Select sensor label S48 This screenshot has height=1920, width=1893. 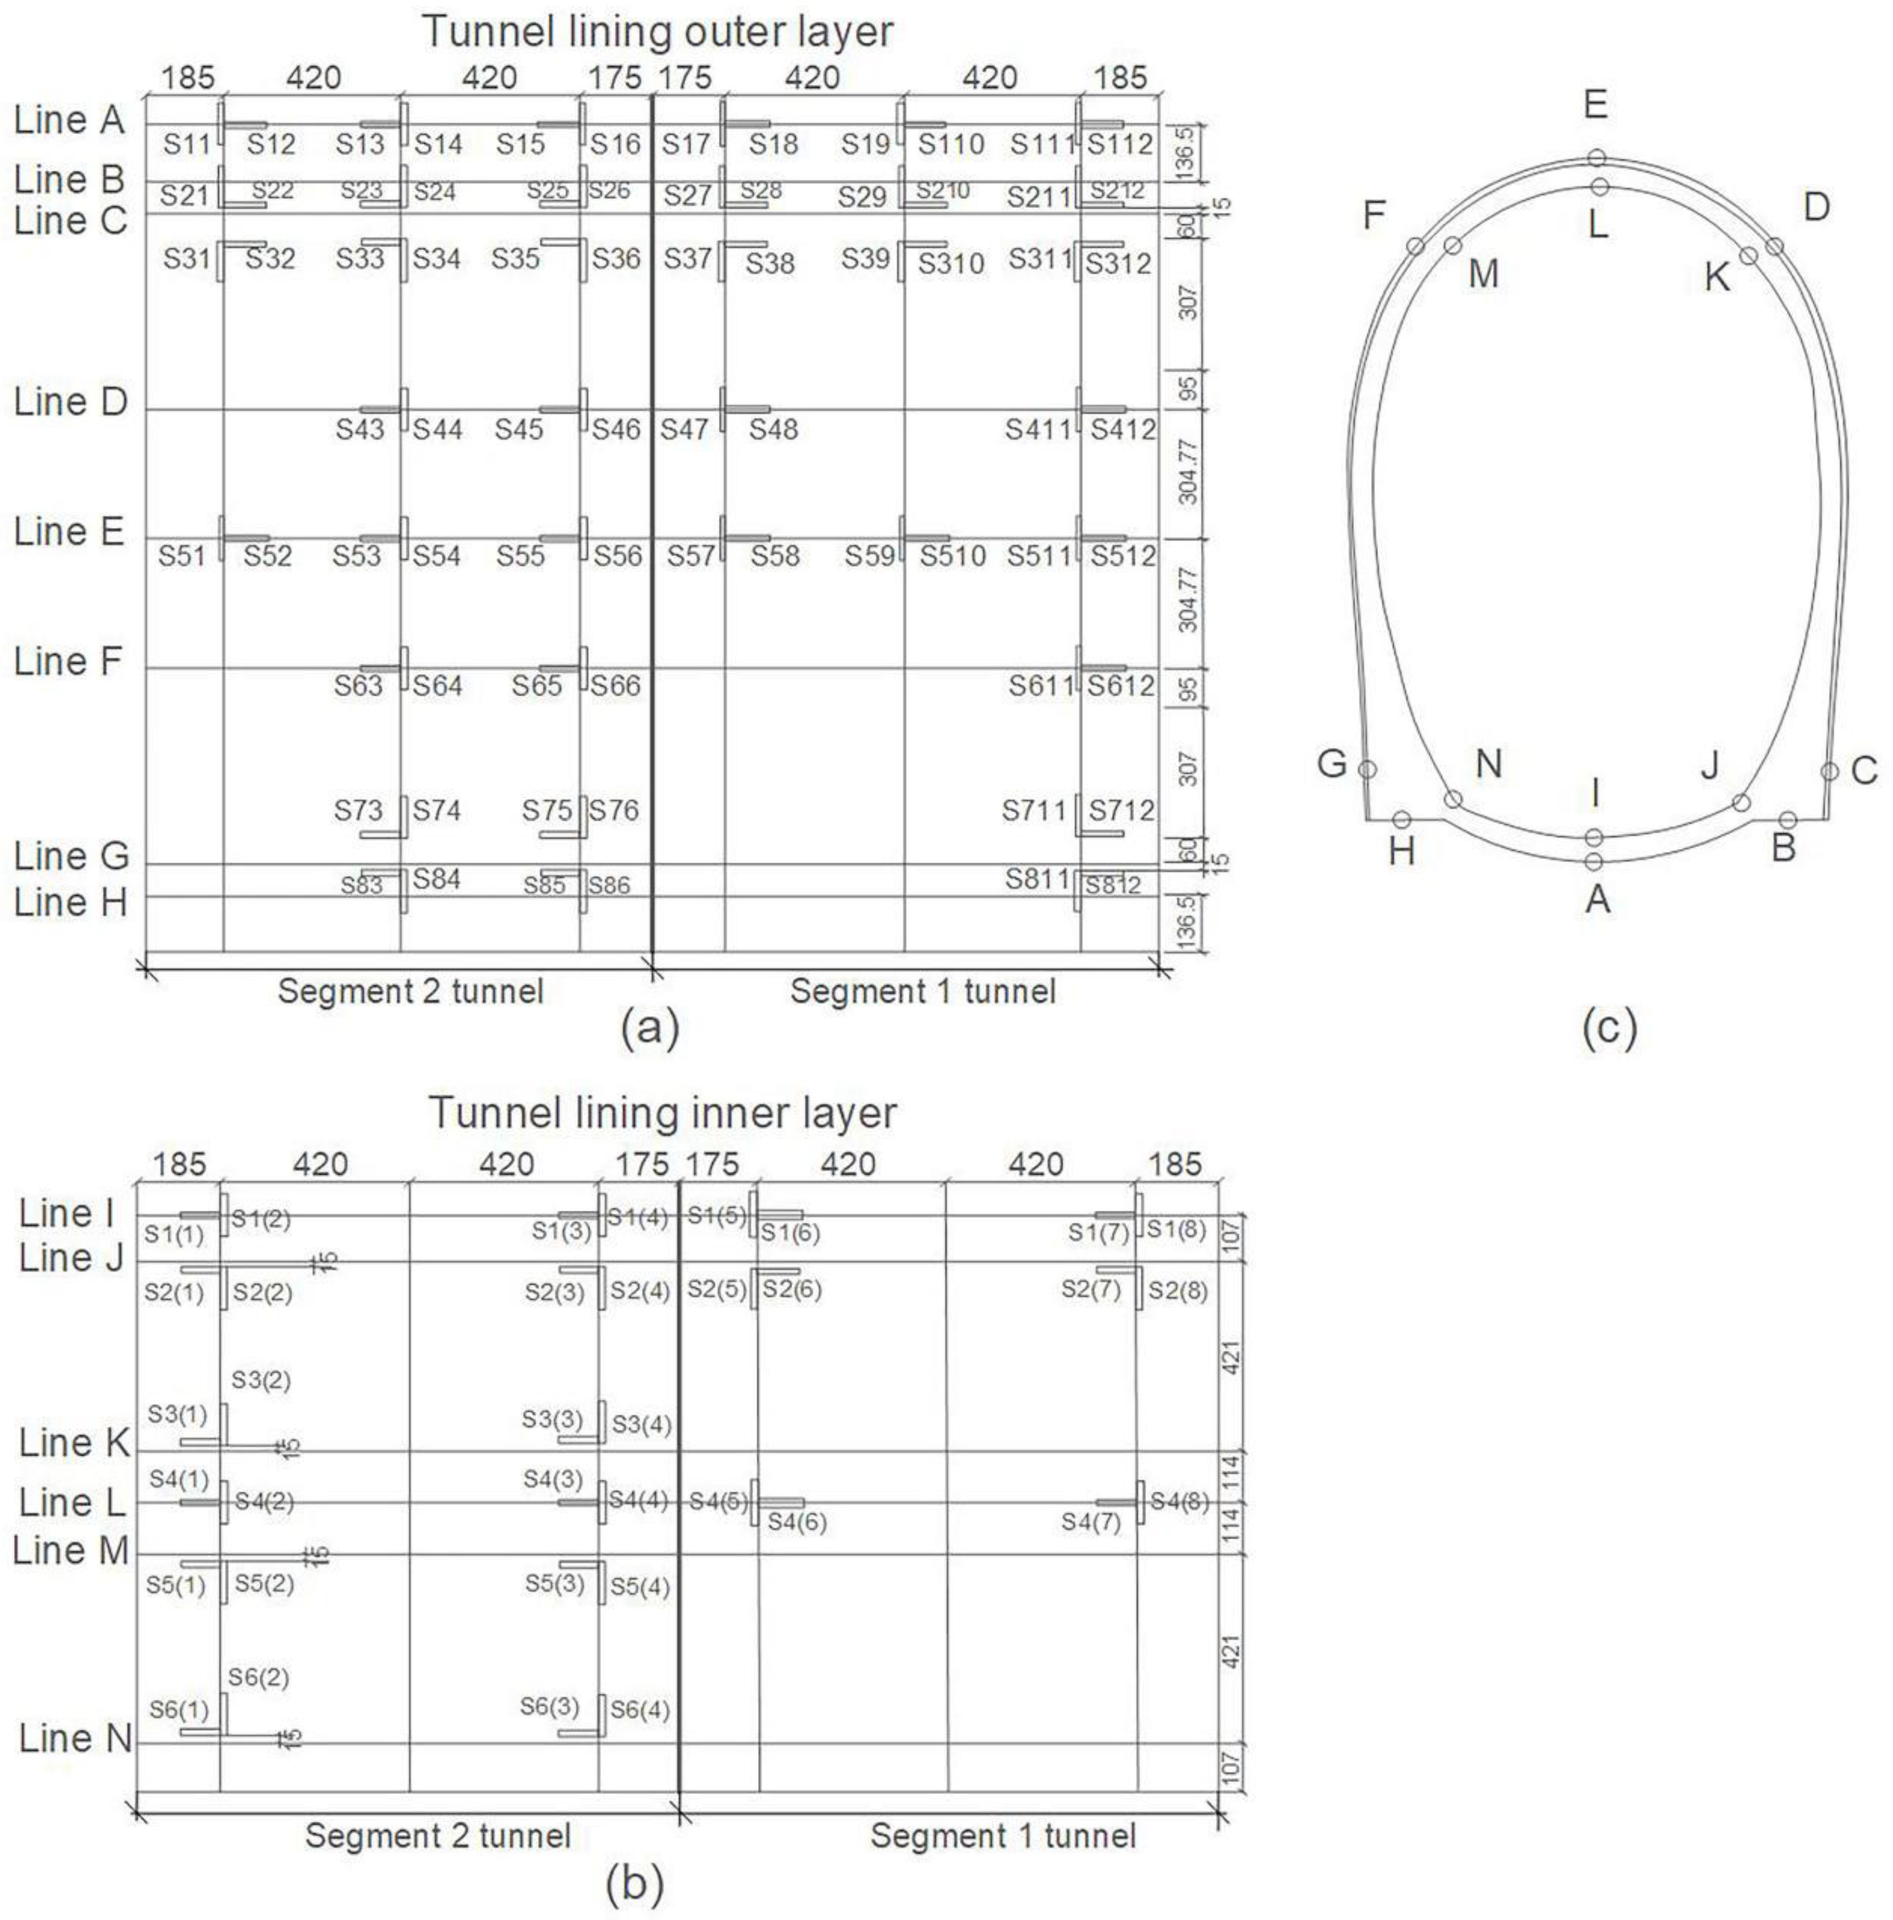[x=773, y=429]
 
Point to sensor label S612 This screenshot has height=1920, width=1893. [x=1121, y=686]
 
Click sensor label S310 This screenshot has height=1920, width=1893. [x=951, y=264]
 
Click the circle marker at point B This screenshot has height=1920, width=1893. [x=1787, y=820]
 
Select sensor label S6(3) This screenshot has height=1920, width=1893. [x=550, y=1706]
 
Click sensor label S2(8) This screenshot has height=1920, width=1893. [x=1178, y=1291]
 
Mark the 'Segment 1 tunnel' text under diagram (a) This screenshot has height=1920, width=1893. [x=922, y=991]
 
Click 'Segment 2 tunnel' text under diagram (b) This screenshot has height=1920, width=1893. [x=437, y=1835]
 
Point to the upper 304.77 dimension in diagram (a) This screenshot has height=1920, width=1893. [x=1188, y=471]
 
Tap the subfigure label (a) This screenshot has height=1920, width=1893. [x=650, y=1029]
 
